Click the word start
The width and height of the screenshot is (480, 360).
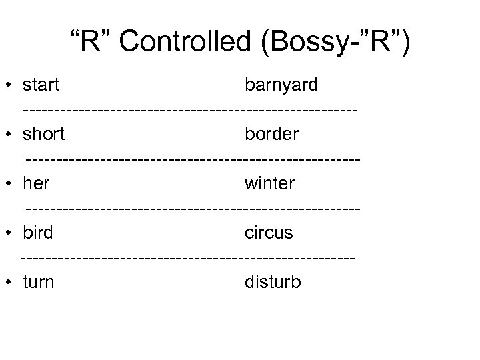(41, 86)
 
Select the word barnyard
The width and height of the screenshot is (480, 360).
(281, 86)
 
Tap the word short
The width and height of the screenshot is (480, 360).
(43, 134)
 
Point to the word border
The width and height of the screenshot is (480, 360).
(272, 134)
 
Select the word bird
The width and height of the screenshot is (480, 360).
(38, 233)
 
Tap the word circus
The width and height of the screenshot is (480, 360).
(269, 233)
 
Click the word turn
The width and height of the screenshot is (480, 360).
(39, 282)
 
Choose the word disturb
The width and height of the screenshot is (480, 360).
(273, 282)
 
